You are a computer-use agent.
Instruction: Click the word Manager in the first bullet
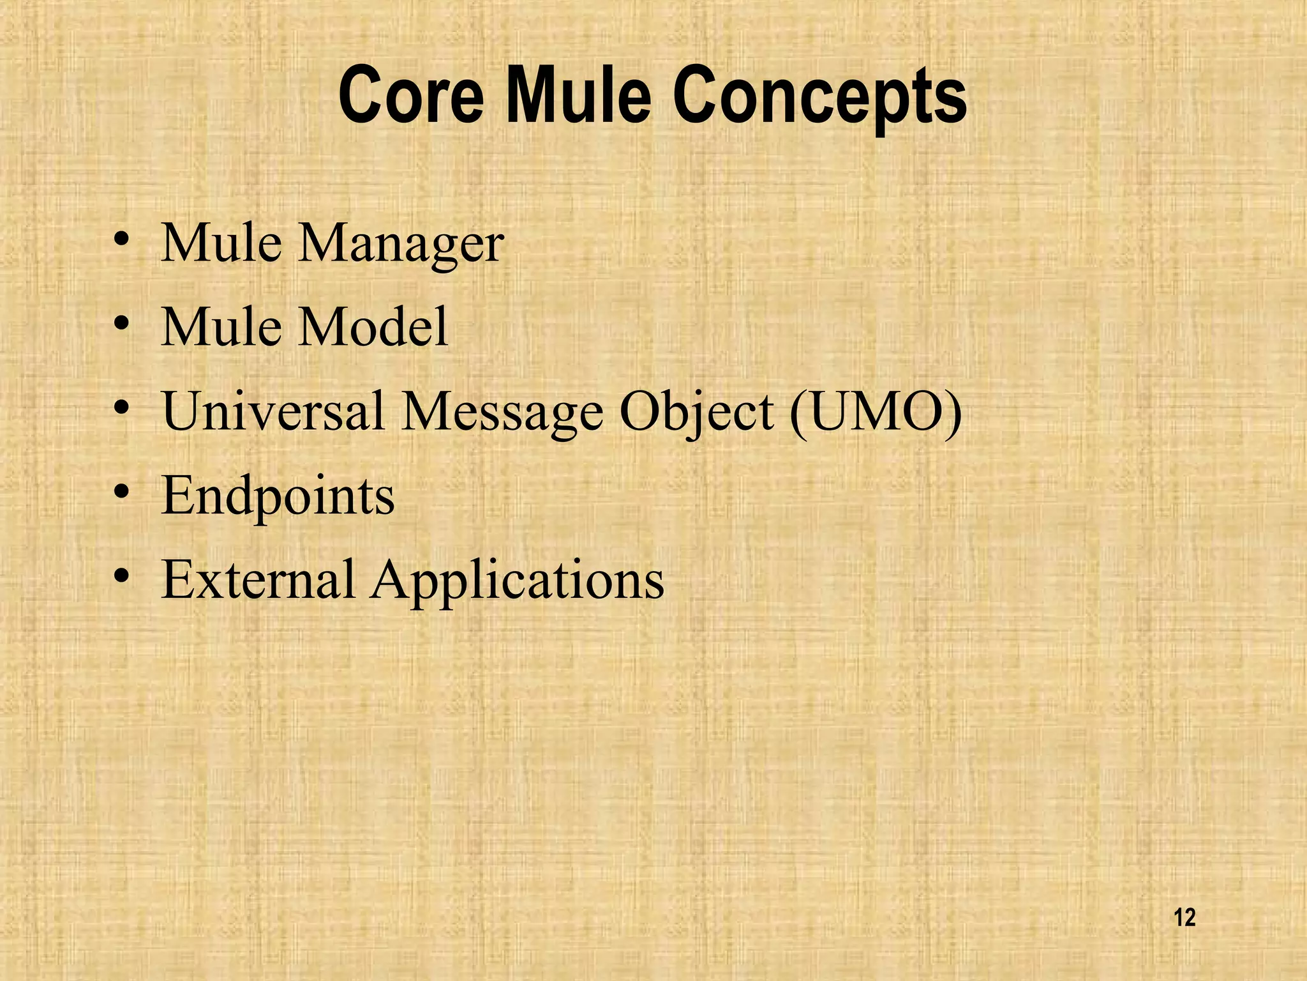tap(401, 245)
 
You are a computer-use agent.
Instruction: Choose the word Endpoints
tap(278, 497)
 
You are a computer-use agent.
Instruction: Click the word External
tap(258, 579)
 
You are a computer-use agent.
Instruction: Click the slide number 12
tap(1184, 918)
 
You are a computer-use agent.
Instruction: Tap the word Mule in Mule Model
tap(221, 327)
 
